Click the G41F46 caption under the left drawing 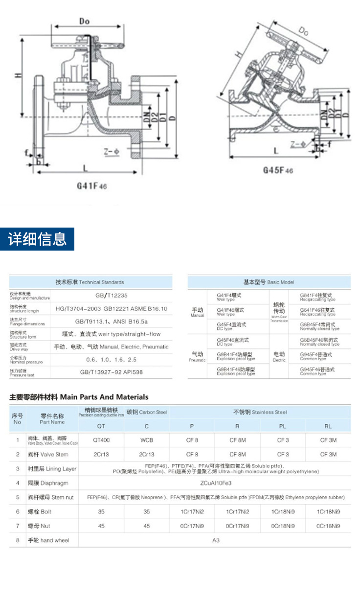(x=91, y=186)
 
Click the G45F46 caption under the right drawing (x=278, y=170)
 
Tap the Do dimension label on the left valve (x=84, y=21)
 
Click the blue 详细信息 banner (x=37, y=239)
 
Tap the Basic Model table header (x=269, y=282)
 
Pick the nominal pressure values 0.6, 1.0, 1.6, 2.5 (x=111, y=359)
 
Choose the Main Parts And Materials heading (x=79, y=397)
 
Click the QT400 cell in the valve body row (x=101, y=440)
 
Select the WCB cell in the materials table (x=147, y=440)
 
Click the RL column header (x=328, y=426)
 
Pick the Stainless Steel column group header (x=260, y=412)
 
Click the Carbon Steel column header (x=147, y=412)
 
